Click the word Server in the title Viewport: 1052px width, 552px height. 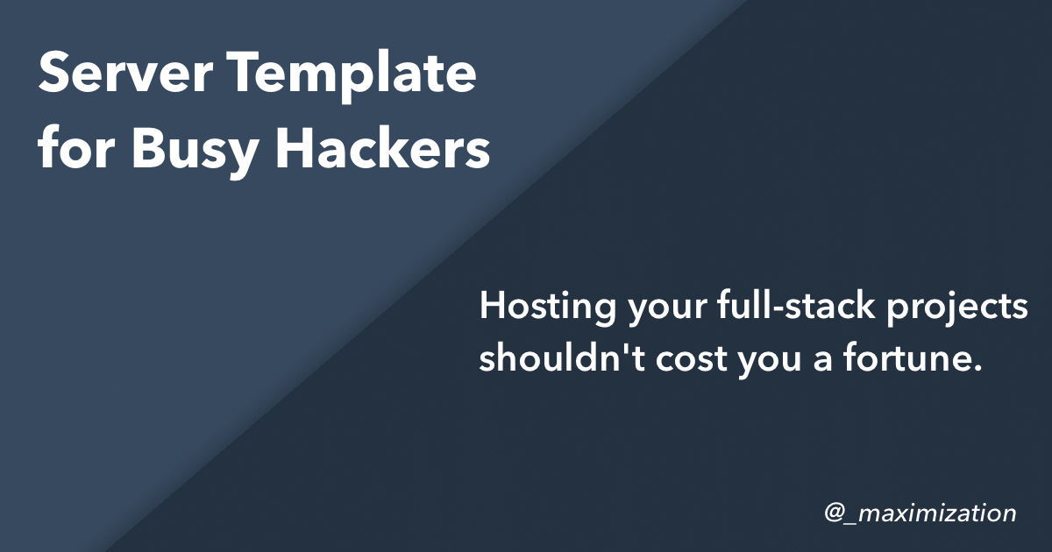[x=125, y=72]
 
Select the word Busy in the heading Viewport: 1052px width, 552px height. [x=195, y=150]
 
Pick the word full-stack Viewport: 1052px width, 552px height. [x=797, y=305]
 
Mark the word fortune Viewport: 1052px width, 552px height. [x=906, y=357]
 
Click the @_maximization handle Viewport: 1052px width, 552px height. [x=920, y=513]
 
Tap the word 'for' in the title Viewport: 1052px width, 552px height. [x=76, y=146]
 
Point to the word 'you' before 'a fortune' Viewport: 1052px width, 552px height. [x=770, y=363]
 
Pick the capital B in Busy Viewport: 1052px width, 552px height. [x=150, y=146]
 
